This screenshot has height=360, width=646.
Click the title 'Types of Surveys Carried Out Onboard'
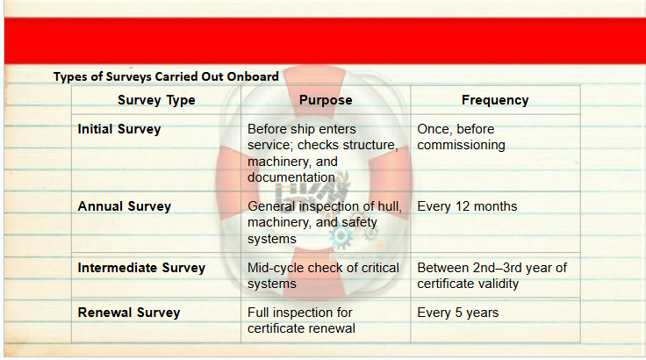pos(166,76)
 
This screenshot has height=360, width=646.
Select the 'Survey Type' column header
pos(156,100)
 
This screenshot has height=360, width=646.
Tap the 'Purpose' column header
pos(326,100)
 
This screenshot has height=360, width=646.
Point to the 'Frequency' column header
pos(495,100)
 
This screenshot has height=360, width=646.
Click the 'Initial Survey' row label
pos(119,129)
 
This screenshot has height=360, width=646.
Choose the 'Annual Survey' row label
pos(125,206)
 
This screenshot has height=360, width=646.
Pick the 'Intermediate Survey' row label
pos(141,268)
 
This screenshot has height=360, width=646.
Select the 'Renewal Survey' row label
pos(129,313)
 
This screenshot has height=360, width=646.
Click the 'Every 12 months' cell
pos(467,206)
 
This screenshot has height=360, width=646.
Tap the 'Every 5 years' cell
pos(457,313)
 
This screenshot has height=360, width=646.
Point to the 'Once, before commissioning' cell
pos(461,137)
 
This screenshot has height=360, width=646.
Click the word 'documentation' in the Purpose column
pos(291,177)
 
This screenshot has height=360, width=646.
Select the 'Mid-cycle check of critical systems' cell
pos(323,276)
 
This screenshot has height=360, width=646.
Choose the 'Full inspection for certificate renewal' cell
pos(301,320)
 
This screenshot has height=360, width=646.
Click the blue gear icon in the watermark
pos(341,237)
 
